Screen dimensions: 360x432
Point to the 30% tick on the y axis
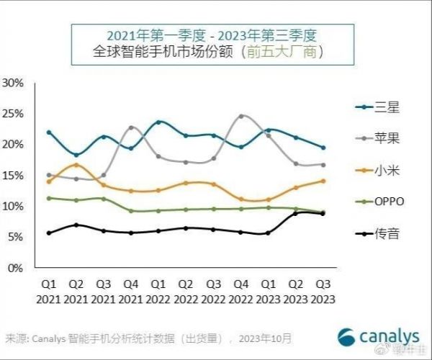[x=14, y=83]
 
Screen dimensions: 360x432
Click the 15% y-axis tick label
[x=14, y=175]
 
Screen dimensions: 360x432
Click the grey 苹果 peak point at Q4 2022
[x=241, y=116]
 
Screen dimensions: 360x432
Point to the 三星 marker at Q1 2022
[x=158, y=122]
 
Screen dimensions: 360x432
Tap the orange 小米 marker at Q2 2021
[x=76, y=165]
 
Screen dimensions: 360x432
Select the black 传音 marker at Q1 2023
[x=268, y=233]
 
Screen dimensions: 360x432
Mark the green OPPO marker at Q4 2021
[x=131, y=211]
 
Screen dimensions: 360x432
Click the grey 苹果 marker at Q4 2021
[x=131, y=127]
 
